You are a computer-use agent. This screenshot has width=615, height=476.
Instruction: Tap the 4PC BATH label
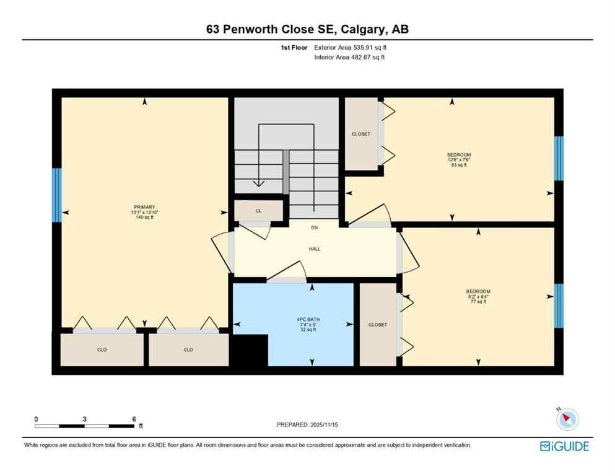307,320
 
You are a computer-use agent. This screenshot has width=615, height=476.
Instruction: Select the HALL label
315,249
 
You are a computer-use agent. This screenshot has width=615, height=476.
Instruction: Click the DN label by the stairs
315,227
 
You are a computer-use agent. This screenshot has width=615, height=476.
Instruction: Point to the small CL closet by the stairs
258,211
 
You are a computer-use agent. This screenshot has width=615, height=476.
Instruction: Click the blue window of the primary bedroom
57,195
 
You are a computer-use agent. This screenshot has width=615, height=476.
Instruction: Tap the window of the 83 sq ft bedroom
559,158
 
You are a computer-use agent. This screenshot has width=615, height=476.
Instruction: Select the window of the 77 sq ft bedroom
559,305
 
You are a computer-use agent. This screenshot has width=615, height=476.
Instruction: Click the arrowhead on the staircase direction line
258,183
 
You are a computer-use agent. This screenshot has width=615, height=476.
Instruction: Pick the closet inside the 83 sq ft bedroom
361,134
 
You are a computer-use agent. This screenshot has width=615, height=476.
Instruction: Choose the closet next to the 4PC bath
378,325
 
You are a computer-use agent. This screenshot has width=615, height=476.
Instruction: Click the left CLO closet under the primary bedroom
102,350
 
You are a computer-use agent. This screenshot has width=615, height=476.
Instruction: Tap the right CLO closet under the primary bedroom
188,350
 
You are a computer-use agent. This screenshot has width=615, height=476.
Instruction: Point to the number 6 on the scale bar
134,419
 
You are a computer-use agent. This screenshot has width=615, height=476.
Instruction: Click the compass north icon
567,420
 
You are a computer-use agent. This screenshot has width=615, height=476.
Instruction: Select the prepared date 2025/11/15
308,425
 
